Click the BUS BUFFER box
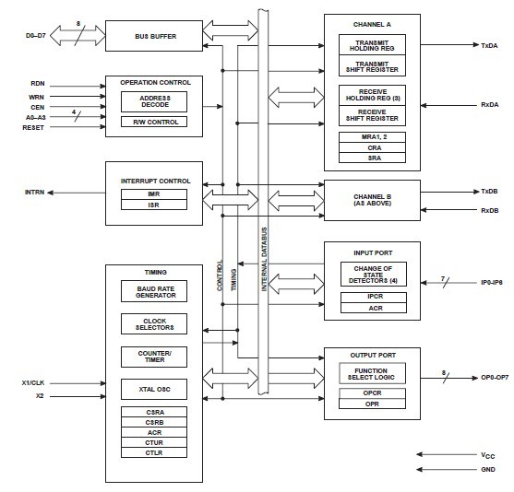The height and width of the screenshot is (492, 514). [154, 38]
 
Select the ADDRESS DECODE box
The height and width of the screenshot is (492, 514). [154, 101]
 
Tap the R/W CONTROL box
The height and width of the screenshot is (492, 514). [154, 122]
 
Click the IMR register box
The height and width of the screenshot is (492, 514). [154, 194]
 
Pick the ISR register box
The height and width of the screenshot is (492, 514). [154, 206]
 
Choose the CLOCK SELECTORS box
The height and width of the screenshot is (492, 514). [154, 324]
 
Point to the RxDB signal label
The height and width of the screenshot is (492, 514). [489, 210]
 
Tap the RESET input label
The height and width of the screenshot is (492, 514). [32, 126]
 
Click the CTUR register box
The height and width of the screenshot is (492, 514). [154, 440]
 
